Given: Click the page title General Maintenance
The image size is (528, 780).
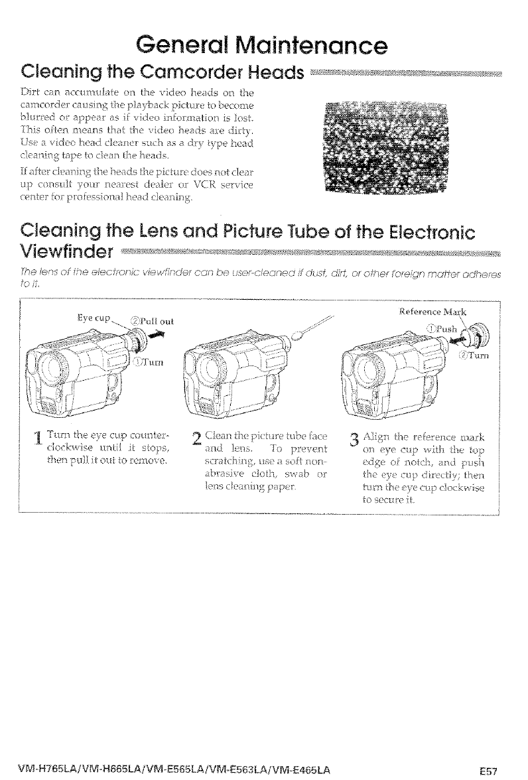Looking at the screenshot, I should point(259,45).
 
